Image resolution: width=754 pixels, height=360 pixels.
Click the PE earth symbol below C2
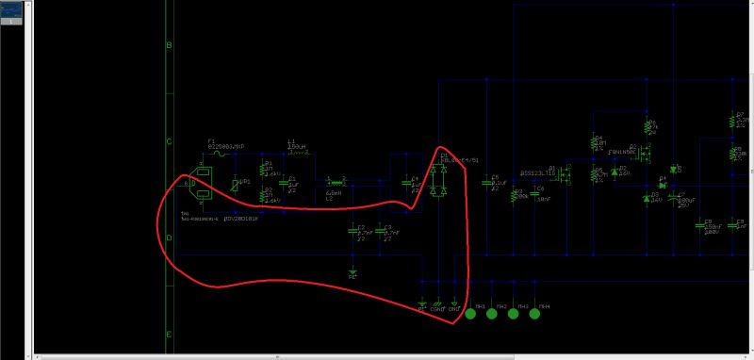[352, 271]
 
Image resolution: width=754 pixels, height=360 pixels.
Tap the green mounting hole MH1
[469, 314]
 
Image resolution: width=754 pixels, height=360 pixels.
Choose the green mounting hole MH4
[535, 314]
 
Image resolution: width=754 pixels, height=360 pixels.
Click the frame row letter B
[169, 45]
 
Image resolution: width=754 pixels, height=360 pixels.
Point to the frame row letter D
[169, 237]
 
